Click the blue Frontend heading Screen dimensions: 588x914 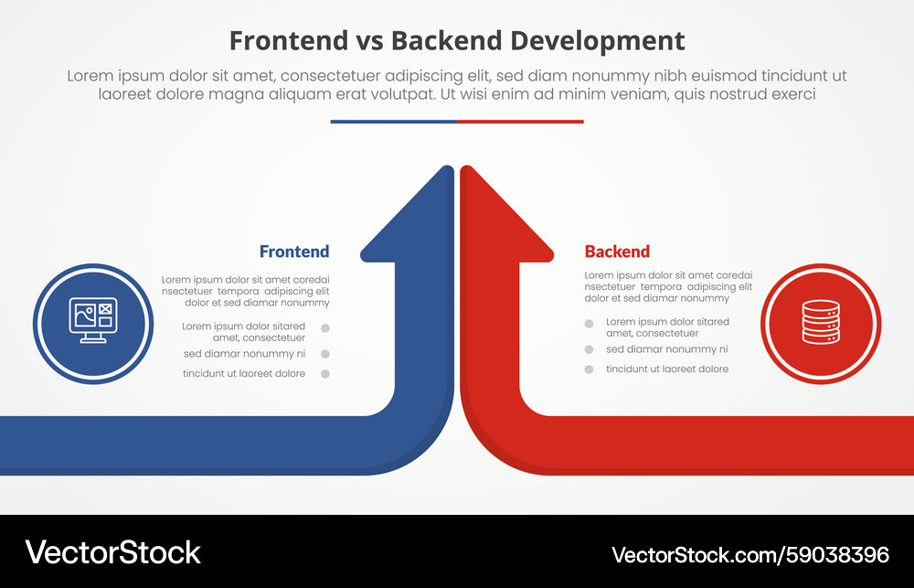(293, 251)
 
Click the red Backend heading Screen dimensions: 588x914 (617, 251)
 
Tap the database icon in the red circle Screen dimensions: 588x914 (820, 322)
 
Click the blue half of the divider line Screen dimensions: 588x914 (393, 122)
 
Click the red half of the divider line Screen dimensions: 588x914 (520, 122)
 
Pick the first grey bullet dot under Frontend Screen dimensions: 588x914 (324, 328)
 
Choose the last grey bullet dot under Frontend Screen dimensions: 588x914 (324, 374)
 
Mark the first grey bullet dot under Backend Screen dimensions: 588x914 (589, 324)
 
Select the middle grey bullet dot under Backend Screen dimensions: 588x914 (589, 349)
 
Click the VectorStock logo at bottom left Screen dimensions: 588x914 (112, 552)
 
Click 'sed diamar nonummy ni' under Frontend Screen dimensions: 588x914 (244, 354)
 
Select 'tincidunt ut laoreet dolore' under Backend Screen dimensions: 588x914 (667, 369)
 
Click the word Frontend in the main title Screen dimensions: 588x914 (288, 41)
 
